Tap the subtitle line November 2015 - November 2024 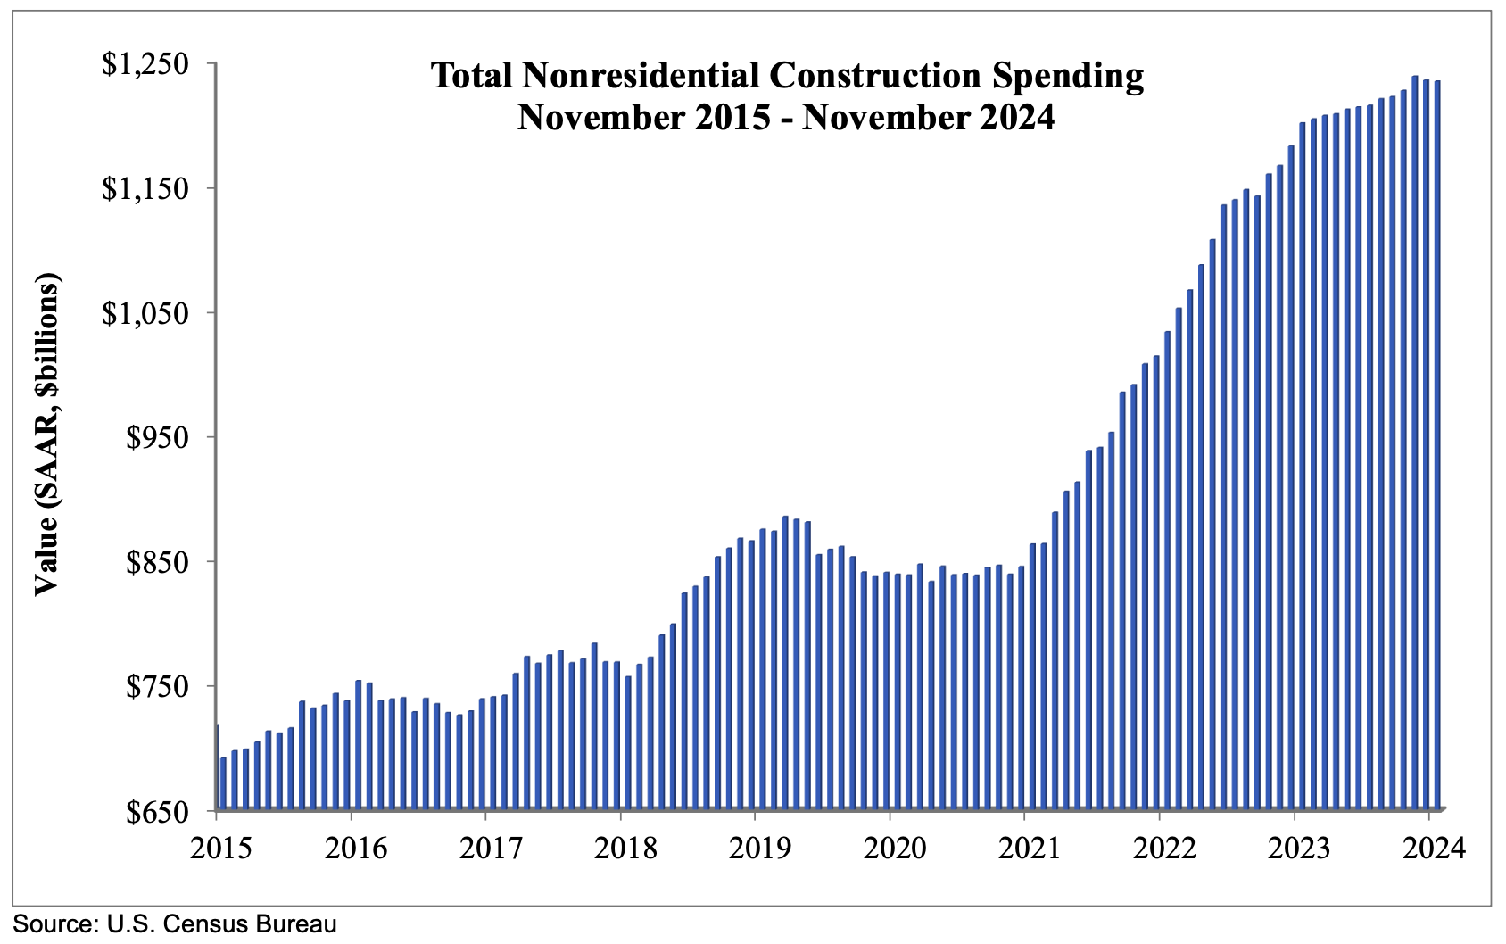(786, 117)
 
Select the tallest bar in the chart (1415, 446)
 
